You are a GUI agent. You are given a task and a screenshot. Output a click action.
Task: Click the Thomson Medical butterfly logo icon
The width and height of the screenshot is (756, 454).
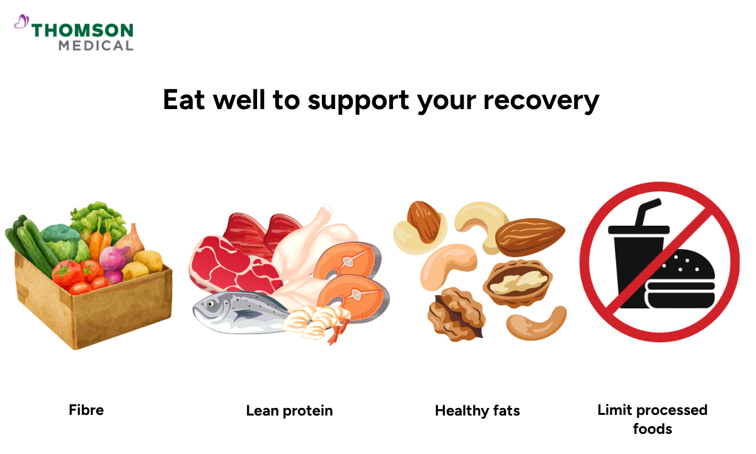(21, 22)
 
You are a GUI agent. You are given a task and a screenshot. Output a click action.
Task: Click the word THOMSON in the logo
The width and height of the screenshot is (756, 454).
(83, 30)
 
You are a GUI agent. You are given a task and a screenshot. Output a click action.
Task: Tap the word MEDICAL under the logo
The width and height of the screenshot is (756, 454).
(96, 45)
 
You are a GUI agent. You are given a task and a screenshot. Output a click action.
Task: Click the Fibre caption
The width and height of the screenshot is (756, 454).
(86, 410)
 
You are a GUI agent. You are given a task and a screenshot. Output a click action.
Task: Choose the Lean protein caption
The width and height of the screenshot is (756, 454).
(289, 411)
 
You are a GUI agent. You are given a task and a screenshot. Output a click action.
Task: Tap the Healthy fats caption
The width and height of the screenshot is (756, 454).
(478, 411)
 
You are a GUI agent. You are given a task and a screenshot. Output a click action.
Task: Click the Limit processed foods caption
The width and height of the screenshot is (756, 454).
(652, 419)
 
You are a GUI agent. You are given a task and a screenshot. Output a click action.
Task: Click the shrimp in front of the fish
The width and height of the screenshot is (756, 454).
(315, 322)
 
